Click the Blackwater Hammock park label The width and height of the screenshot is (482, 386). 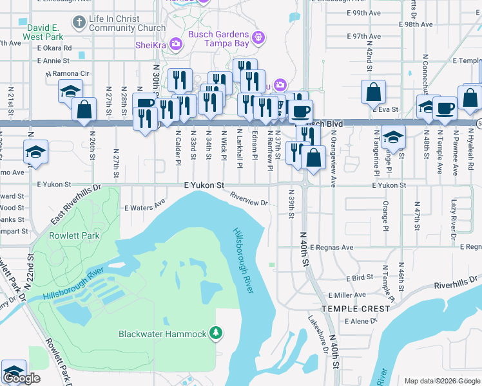pyautogui.click(x=162, y=333)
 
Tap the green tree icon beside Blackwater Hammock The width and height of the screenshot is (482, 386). pyautogui.click(x=217, y=333)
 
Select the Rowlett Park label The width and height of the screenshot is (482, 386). pyautogui.click(x=75, y=235)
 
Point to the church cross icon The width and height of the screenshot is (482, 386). pyautogui.click(x=79, y=23)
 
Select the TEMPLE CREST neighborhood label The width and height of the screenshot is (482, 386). pyautogui.click(x=356, y=309)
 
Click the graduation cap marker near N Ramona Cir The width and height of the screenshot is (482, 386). pyautogui.click(x=70, y=91)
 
